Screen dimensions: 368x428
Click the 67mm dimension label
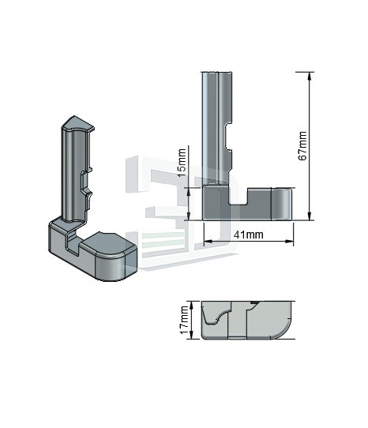pos(302,145)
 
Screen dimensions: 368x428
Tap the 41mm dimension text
pos(249,235)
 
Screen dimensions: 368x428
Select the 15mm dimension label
pos(182,163)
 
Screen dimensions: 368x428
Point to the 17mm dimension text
pos(184,320)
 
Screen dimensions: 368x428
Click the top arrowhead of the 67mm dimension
pos(309,76)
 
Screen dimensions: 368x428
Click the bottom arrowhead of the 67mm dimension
pos(309,216)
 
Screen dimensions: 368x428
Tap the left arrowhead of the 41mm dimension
pos(208,242)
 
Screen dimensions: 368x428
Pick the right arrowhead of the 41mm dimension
pos(289,242)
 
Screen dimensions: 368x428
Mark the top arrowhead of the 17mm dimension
pos(191,305)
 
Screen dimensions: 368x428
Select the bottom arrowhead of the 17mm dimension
pos(191,335)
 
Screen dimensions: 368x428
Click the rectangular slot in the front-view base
pos(238,196)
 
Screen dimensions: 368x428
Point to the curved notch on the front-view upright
pos(229,137)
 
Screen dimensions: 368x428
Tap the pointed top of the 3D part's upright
pos(74,118)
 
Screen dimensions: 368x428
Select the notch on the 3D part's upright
pos(86,182)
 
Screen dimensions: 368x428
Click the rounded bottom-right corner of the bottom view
pos(284,332)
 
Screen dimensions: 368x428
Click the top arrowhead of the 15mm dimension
pos(189,192)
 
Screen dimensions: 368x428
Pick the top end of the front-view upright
pos(216,73)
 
